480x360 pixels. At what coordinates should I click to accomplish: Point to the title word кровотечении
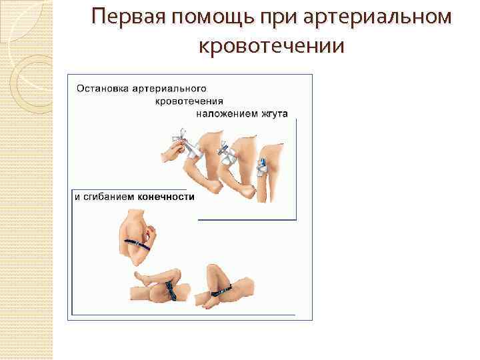271,47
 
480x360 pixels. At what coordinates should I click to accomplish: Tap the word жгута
273,113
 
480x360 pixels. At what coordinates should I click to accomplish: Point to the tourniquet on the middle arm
225,151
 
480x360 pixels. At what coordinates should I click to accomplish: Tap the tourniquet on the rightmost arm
262,161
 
